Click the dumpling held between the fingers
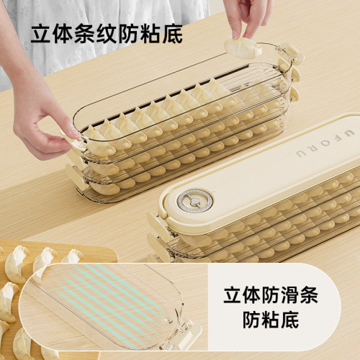[x=241, y=49]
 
